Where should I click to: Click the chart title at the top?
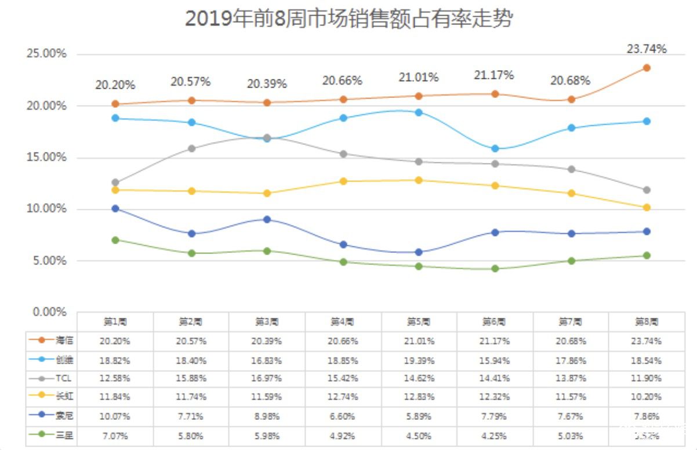click(348, 19)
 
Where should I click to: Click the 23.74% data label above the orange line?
click(647, 49)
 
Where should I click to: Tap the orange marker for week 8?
click(647, 68)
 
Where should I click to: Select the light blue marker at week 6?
click(495, 149)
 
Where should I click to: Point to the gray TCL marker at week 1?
click(115, 183)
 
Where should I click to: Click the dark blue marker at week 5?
click(419, 252)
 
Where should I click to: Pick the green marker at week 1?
click(115, 240)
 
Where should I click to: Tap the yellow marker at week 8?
click(647, 208)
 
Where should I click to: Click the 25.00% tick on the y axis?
click(47, 54)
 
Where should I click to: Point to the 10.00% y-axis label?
click(47, 209)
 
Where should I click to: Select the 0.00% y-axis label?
click(49, 312)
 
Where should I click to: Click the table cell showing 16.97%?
click(267, 379)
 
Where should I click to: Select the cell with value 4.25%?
click(495, 436)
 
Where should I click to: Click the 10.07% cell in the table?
click(115, 416)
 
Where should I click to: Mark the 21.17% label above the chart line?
click(495, 75)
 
